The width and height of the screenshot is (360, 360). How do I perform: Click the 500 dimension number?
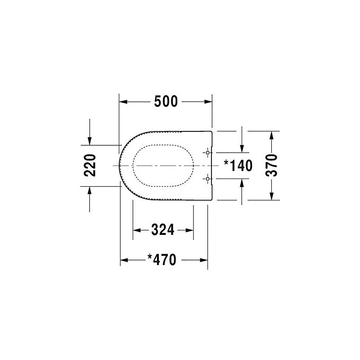tap(166, 103)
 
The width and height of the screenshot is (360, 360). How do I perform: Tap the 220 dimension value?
tap(90, 166)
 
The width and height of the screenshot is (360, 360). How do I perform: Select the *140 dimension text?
tap(238, 166)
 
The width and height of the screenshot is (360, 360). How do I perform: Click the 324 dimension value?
tap(162, 230)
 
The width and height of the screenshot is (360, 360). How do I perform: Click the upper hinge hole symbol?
tap(207, 153)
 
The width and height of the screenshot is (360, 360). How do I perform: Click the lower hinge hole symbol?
tap(207, 179)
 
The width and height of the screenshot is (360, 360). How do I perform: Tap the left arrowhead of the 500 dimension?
tap(122, 103)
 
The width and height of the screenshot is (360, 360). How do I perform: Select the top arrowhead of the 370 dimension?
tap(272, 134)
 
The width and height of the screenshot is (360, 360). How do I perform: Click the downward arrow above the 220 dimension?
tap(90, 141)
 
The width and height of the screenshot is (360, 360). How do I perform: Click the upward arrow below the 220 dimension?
tap(90, 190)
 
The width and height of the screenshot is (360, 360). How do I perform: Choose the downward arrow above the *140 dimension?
tap(243, 149)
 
